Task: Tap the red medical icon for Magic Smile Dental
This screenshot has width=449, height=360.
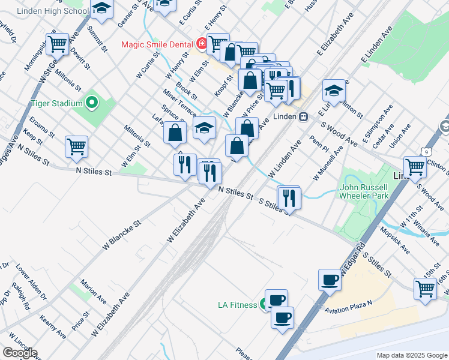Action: [202, 44]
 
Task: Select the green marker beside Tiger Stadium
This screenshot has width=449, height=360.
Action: [91, 103]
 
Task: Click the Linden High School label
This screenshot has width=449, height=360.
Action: [53, 11]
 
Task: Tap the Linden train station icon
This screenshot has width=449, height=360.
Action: [304, 116]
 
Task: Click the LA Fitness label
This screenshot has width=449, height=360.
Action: [237, 305]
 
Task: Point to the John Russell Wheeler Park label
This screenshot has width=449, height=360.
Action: [364, 191]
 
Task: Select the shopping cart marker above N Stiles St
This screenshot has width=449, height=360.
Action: [76, 146]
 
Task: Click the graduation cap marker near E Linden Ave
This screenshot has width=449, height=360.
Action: [334, 91]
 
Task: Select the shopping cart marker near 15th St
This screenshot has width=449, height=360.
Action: [426, 288]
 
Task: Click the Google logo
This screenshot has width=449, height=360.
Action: [20, 353]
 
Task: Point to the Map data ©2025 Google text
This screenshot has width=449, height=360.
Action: [411, 355]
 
